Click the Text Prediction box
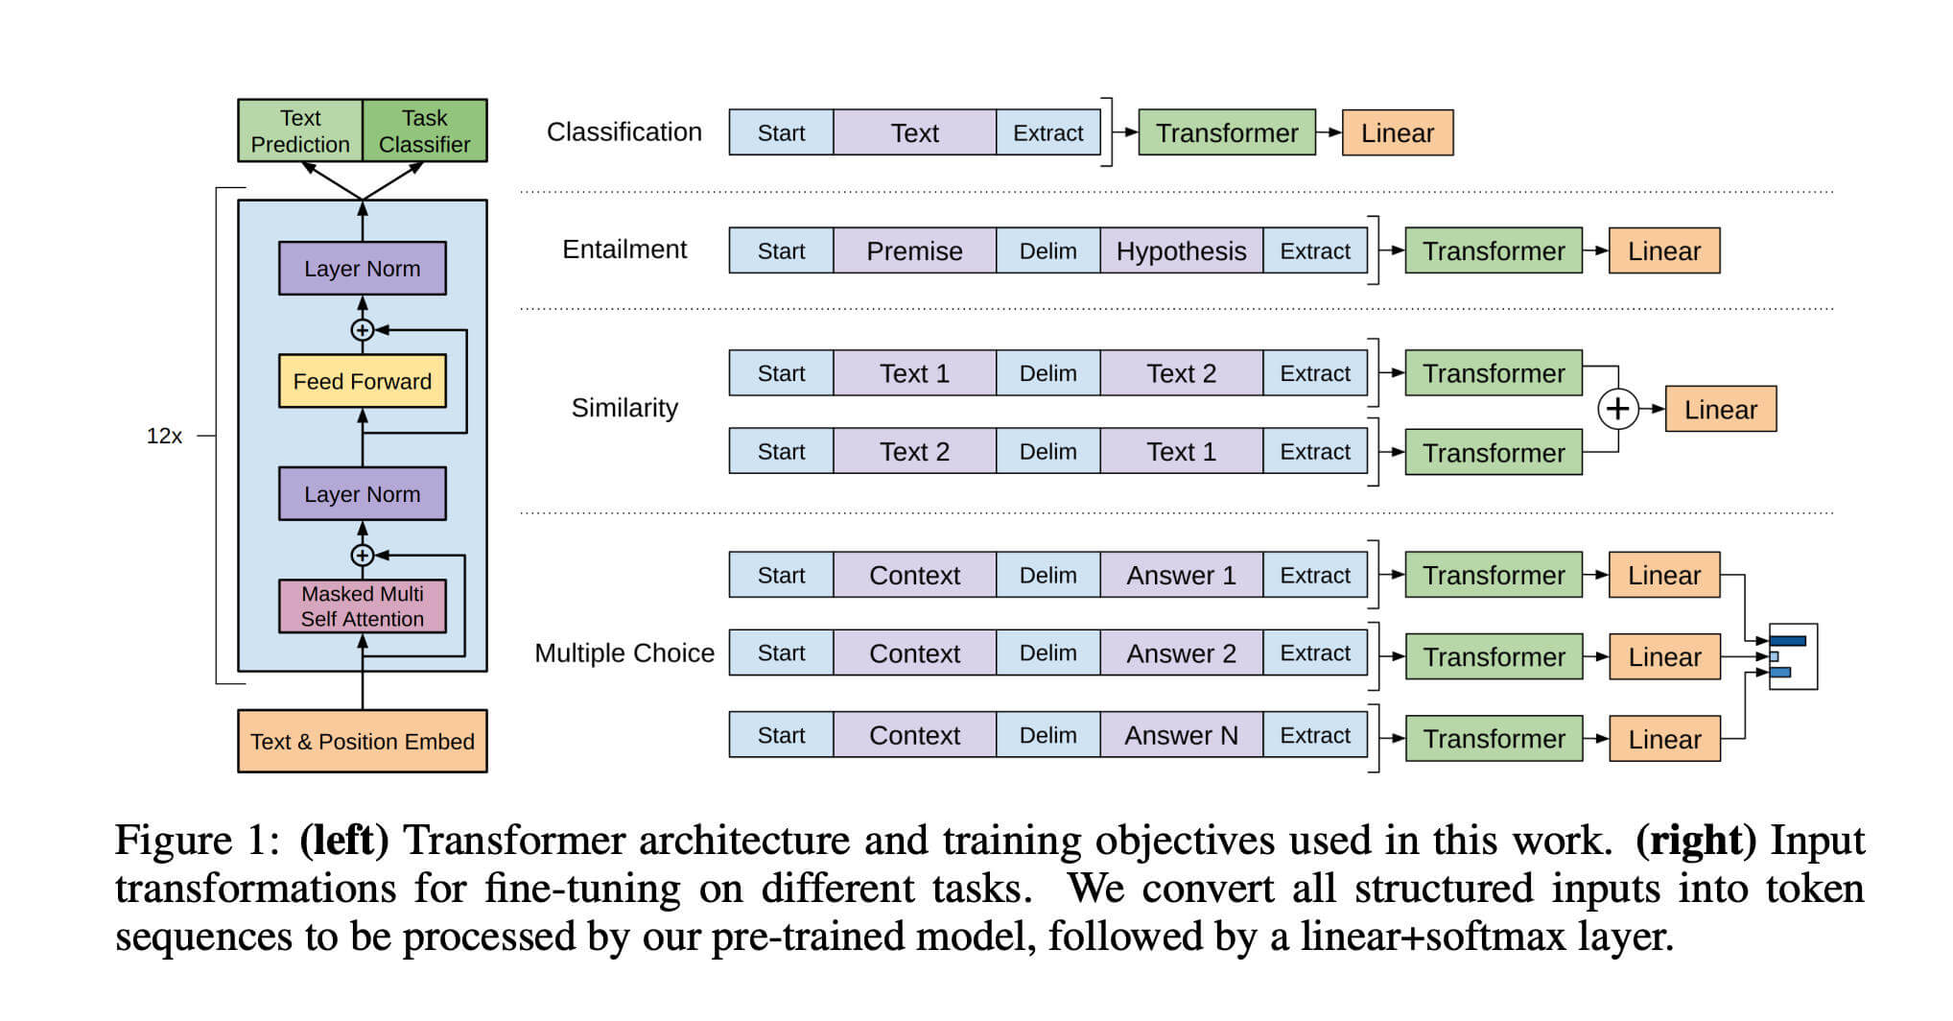coord(300,131)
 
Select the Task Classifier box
coord(424,131)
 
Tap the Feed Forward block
coord(362,381)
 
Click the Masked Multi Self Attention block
coord(362,605)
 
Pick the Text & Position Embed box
coord(362,741)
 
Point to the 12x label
coord(164,436)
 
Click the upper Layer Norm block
coord(362,268)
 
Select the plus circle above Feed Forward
coord(362,329)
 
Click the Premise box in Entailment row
coord(914,250)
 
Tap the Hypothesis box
coord(1181,250)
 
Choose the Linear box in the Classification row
coord(1397,132)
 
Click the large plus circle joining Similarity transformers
coord(1617,409)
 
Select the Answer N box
coord(1181,735)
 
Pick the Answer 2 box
coord(1181,653)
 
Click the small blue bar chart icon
coord(1791,656)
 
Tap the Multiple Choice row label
coord(624,653)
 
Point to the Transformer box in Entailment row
coord(1493,250)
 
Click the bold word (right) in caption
coord(1695,841)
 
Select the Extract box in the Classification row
coord(1047,132)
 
